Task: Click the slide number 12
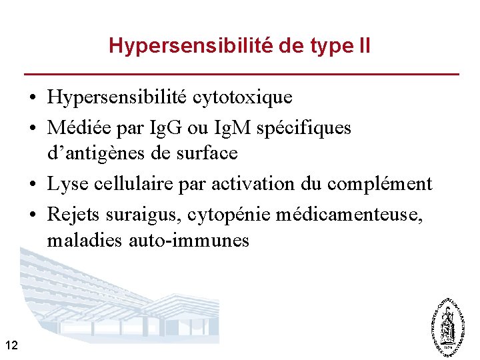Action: coord(11,345)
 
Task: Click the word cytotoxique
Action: coord(243,97)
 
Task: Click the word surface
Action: coord(205,153)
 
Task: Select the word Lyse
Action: coord(65,183)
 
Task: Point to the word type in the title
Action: coord(326,47)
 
